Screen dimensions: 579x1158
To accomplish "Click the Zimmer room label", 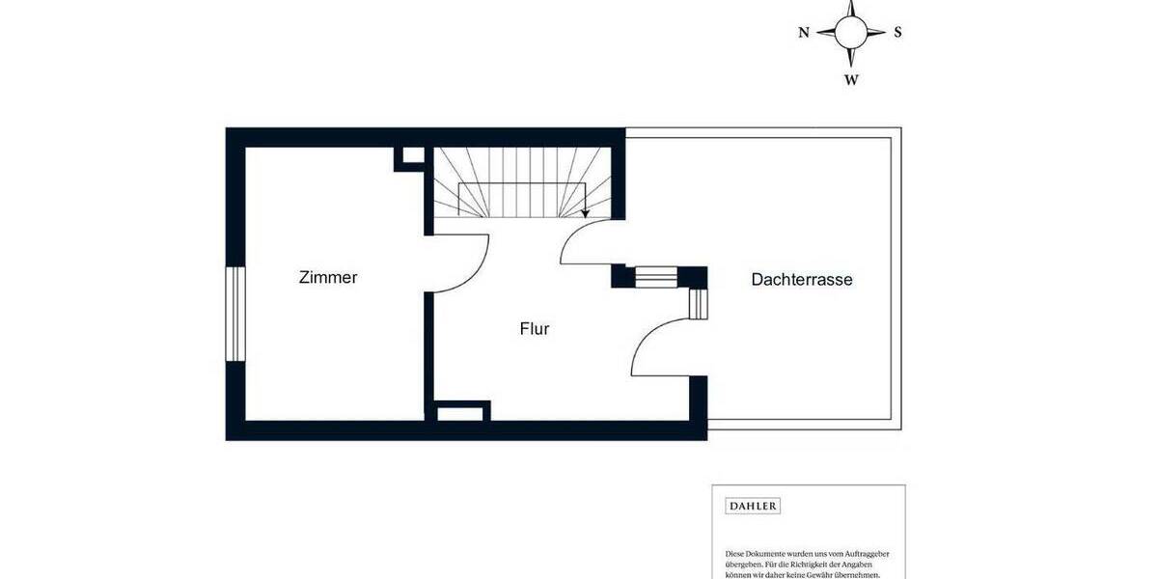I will [x=328, y=278].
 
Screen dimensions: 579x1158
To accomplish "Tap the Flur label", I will [x=535, y=329].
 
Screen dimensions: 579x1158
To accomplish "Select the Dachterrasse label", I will [x=802, y=280].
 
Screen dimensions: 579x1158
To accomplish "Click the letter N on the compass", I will [x=804, y=32].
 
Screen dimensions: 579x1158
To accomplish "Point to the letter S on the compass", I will [x=897, y=32].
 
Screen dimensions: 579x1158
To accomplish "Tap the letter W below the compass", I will [x=851, y=80].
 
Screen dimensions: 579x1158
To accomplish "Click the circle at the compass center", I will [x=850, y=32].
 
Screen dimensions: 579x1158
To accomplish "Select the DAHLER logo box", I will [x=753, y=506].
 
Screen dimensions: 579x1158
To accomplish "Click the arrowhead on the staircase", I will [x=585, y=213].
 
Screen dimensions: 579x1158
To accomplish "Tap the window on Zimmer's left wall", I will [x=235, y=314].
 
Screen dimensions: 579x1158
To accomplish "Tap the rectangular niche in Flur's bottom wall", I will [x=461, y=414].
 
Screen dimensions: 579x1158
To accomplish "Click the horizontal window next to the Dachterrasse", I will [x=657, y=278].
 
